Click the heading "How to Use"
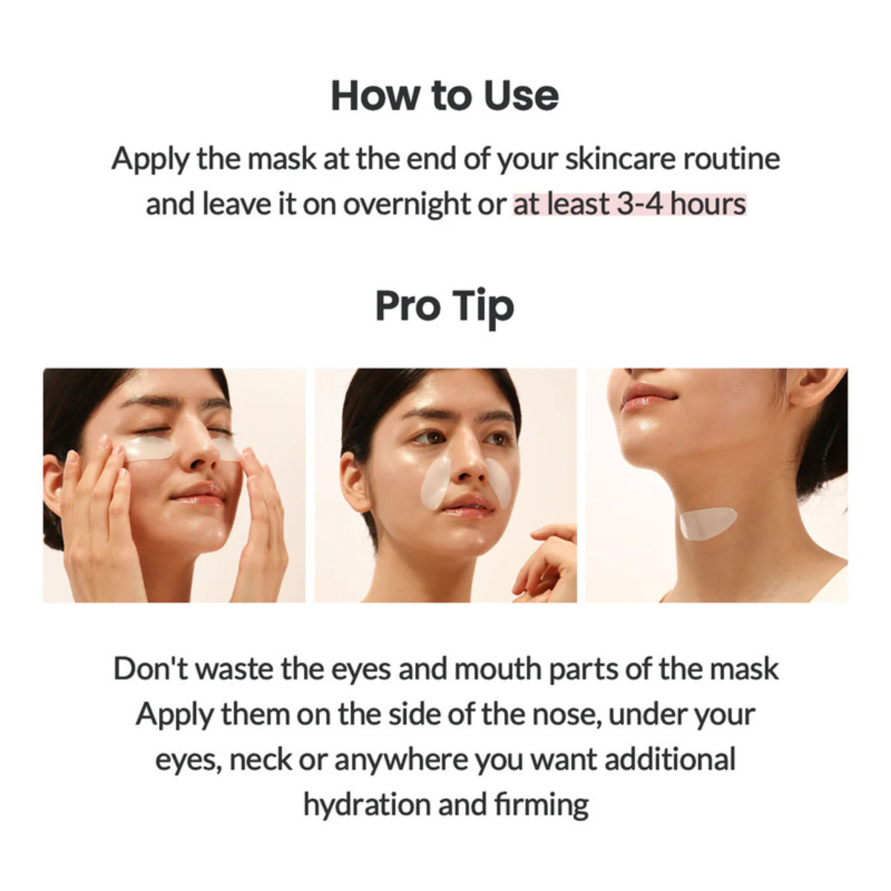(x=444, y=96)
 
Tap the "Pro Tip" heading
(x=444, y=307)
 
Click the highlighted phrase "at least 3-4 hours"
(x=629, y=203)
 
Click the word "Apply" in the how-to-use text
(x=151, y=159)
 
